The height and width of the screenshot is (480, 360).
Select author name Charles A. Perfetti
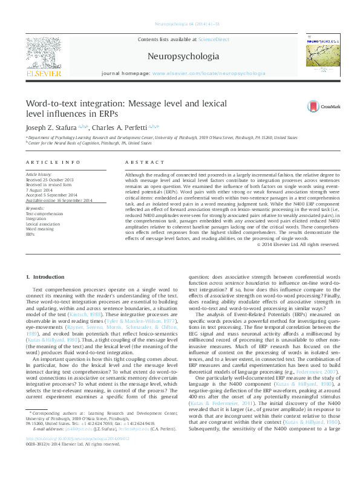click(126, 128)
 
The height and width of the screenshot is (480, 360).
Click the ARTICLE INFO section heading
click(53, 162)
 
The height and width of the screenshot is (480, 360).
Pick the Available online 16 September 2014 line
click(58, 200)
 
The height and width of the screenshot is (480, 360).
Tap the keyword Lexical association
click(45, 223)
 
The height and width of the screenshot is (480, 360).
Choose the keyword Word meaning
click(40, 229)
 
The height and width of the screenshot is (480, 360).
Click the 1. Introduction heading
click(45, 277)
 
